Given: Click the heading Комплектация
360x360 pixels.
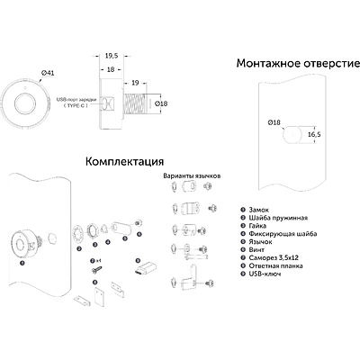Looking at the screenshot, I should pos(123,163).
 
